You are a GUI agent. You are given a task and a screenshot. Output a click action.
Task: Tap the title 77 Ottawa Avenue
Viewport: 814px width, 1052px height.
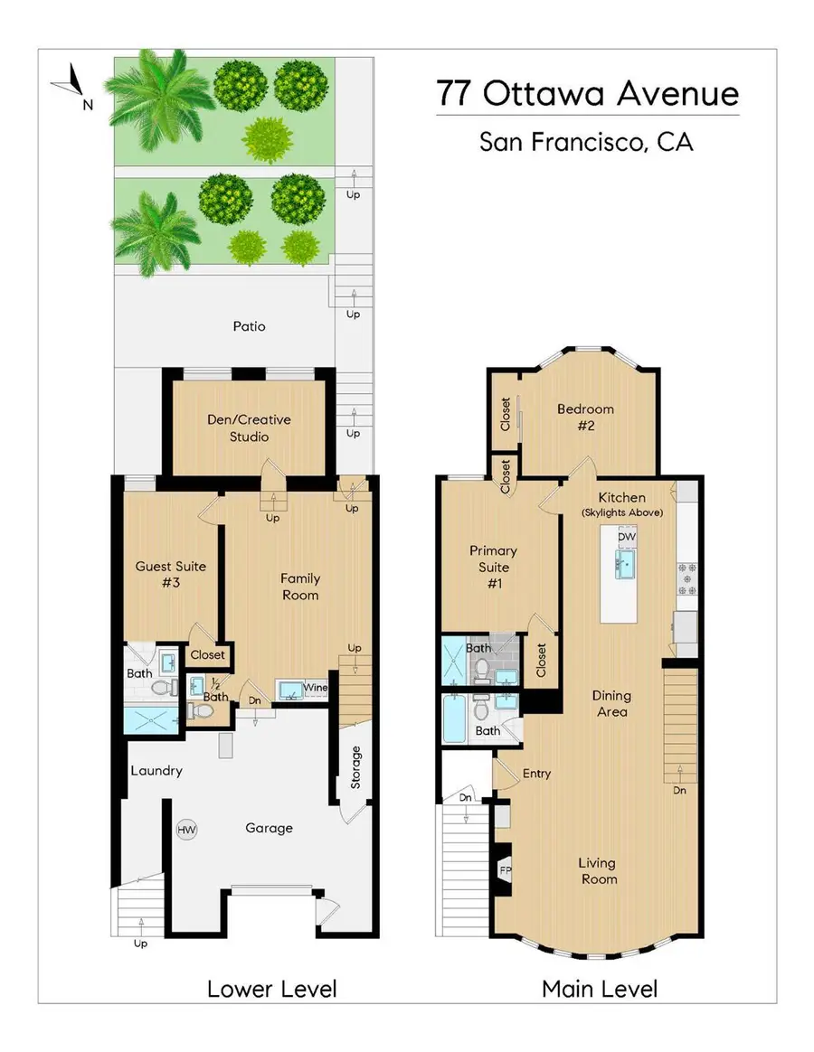[587, 94]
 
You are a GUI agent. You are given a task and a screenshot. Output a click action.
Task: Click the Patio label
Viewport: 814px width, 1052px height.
[249, 326]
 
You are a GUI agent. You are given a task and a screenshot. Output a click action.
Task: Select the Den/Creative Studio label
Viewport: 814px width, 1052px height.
[250, 428]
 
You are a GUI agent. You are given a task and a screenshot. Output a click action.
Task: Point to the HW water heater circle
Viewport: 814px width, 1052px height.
[188, 830]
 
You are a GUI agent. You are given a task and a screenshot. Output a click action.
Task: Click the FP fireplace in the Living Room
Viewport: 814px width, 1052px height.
[505, 870]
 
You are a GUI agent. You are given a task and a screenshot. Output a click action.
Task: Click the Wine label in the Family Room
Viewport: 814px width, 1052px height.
[315, 689]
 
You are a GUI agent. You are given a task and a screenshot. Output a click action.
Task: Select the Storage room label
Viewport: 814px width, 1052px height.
[355, 766]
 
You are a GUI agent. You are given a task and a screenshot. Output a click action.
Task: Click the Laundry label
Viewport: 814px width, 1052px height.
[156, 771]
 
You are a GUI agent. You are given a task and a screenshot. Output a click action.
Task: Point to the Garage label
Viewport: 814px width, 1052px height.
[269, 828]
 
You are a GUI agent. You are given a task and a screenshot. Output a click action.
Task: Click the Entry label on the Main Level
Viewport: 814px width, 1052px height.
[536, 774]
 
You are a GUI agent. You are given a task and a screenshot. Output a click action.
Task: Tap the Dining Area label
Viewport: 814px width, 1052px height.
[611, 704]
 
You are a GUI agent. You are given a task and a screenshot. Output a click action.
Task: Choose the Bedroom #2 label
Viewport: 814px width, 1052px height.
[585, 418]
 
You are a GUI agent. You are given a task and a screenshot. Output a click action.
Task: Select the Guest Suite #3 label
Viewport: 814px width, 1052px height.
[171, 575]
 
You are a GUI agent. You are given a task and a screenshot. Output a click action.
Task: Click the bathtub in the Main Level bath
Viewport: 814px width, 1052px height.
[455, 719]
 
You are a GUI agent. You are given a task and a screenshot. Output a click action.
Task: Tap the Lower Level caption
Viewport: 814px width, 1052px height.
[271, 989]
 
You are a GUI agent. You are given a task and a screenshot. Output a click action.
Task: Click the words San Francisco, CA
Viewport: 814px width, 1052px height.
[586, 142]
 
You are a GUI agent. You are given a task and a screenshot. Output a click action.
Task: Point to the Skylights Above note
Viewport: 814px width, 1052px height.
[622, 512]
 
